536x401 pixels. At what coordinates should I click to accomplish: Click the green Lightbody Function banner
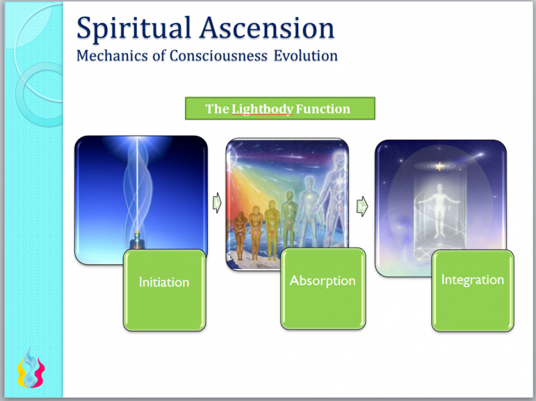[279, 108]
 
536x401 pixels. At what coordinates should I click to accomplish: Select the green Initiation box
[164, 289]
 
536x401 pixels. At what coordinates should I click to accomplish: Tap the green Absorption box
[322, 288]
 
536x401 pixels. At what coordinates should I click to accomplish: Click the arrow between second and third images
[361, 204]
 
